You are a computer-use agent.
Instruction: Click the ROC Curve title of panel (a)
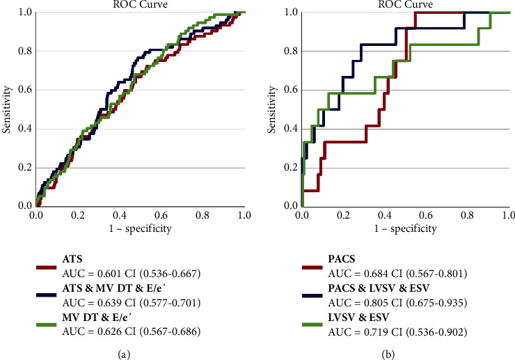pyautogui.click(x=139, y=4)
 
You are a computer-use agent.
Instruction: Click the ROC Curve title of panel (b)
pyautogui.click(x=406, y=4)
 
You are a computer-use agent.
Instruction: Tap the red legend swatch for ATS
pyautogui.click(x=47, y=265)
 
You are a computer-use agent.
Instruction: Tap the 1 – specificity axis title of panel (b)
pyautogui.click(x=406, y=228)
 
